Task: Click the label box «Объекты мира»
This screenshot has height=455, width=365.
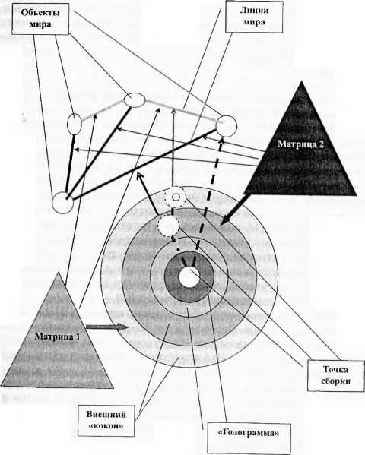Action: point(40,18)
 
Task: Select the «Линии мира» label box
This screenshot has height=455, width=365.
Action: point(254,16)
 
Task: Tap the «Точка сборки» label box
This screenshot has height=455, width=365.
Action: point(335,375)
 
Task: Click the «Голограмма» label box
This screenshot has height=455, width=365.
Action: point(249,438)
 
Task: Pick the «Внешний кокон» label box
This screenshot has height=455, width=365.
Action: point(106,420)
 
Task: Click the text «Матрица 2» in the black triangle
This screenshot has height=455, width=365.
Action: point(300,144)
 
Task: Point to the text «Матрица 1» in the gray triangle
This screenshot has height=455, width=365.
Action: point(57,337)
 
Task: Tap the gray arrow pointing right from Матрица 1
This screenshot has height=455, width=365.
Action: point(107,327)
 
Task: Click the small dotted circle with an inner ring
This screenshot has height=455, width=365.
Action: point(175,197)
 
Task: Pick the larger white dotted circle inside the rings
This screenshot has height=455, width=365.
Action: point(168,225)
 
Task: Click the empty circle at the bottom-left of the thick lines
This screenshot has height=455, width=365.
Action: point(63,203)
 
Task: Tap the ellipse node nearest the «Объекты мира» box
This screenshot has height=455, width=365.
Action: point(75,125)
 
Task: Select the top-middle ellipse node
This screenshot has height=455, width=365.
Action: point(135,100)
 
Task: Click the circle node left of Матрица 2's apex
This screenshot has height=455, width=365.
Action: point(227,126)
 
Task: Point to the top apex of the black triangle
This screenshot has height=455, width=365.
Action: point(302,81)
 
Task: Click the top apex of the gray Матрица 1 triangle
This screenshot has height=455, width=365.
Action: point(59,273)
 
